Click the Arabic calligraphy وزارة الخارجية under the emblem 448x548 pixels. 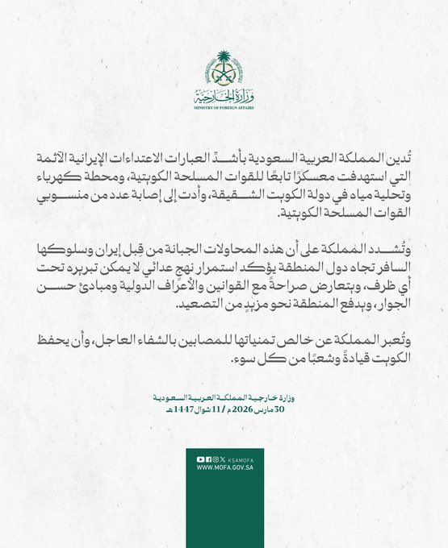point(224,94)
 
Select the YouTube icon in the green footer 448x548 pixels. point(200,459)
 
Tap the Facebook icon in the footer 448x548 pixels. point(208,459)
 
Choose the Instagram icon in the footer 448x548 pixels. point(216,459)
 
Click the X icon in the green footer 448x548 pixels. point(223,459)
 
